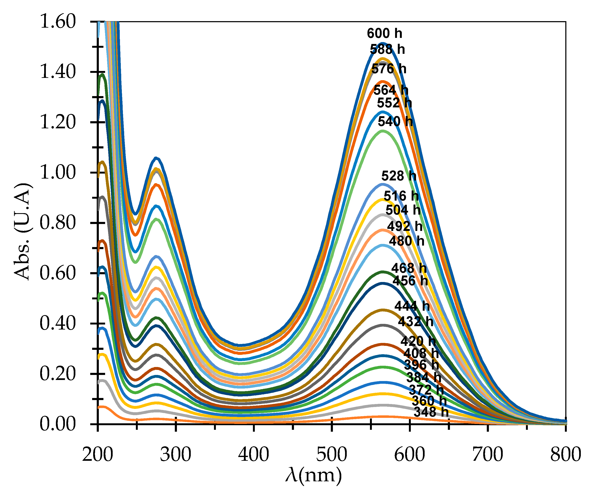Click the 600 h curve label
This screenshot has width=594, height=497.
coord(384,33)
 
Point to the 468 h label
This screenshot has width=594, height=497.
coord(409,268)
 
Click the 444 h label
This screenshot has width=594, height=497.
coord(412,306)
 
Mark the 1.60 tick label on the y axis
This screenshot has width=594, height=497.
coord(58,22)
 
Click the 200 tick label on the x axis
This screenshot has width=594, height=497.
coord(98,455)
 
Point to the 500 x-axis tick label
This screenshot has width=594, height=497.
coord(331,455)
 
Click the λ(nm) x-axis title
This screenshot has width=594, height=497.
coord(313,475)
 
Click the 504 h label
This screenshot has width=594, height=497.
coord(403,210)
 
